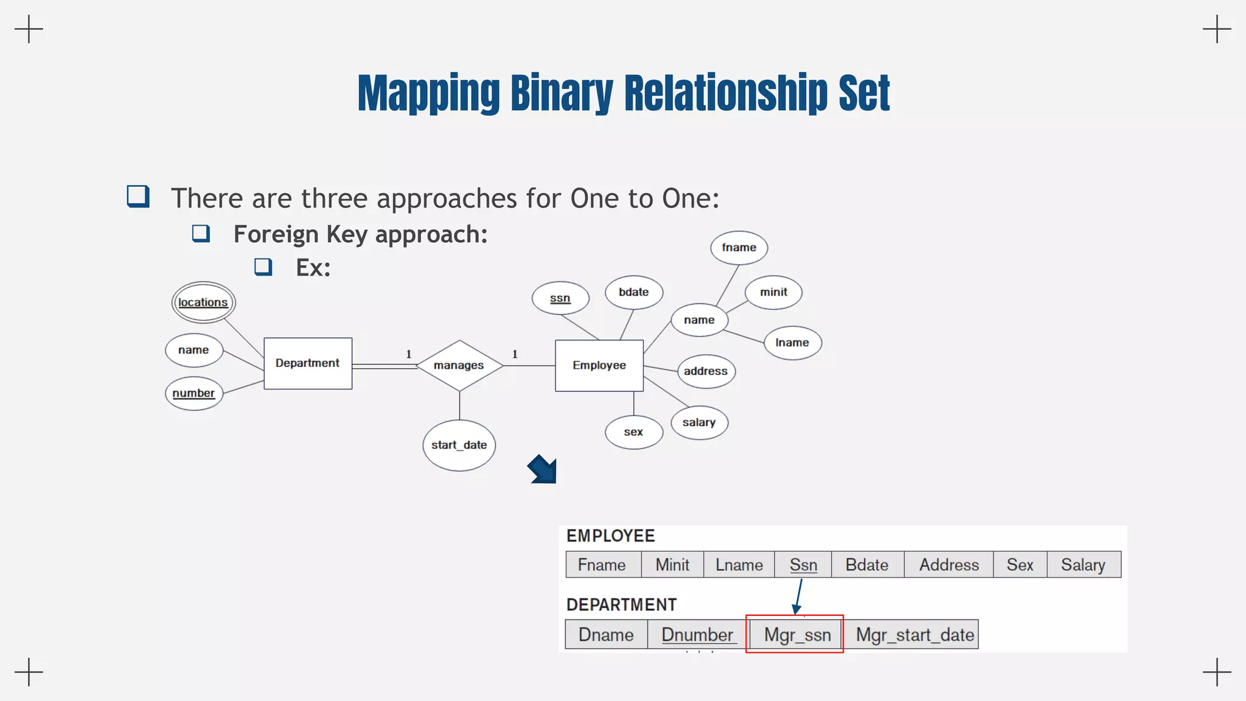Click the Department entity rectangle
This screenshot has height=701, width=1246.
[x=308, y=363]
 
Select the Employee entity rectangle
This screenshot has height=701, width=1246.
[x=599, y=365]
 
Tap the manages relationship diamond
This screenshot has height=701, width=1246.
[x=459, y=365]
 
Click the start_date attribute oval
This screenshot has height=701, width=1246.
[x=459, y=445]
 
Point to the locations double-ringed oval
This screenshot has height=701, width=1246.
[x=203, y=302]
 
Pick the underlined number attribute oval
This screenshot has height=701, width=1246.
[x=194, y=393]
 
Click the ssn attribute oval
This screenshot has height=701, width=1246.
[x=560, y=298]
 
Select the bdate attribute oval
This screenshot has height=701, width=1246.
[x=634, y=292]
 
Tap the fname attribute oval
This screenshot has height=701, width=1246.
[x=739, y=248]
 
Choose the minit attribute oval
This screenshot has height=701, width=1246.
[x=774, y=292]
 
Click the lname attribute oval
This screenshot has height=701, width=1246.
[x=793, y=343]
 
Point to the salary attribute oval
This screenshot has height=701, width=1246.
[x=699, y=422]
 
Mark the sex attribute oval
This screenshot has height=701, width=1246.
[x=634, y=432]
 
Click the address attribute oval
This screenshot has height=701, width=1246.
[x=706, y=371]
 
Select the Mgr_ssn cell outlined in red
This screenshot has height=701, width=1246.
[x=797, y=635]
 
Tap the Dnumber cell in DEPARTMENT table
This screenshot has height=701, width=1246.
[x=697, y=635]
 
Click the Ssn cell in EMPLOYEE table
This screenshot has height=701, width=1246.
[x=803, y=565]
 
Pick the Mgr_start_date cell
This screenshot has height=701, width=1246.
[x=914, y=635]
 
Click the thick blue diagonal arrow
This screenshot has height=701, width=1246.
[x=542, y=469]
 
